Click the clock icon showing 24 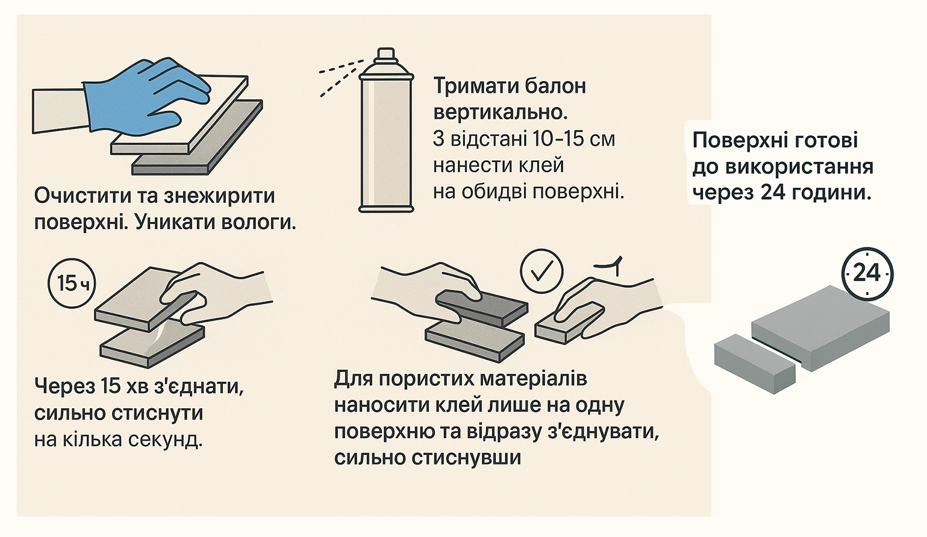[867, 274]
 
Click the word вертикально [501, 113]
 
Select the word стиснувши [428, 458]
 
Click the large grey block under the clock [820, 327]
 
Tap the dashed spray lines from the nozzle [341, 77]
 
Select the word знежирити [219, 196]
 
